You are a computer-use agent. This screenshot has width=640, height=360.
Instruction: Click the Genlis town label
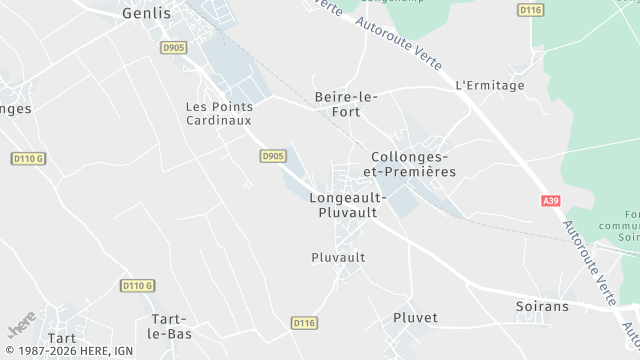pos(146,14)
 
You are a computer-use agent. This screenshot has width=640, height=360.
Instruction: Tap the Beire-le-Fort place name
pos(345,104)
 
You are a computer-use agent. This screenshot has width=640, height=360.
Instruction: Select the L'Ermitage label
pos(489,86)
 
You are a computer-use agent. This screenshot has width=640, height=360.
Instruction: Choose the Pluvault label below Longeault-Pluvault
pos(338,257)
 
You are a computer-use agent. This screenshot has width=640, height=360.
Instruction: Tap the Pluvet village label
pos(415,317)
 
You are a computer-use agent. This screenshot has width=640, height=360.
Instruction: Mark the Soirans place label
pos(542,306)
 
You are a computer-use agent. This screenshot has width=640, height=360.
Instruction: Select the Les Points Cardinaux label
pos(219,113)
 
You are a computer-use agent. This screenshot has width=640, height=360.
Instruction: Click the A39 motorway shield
pos(551,201)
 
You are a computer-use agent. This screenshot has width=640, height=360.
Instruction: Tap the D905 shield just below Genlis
pos(174,47)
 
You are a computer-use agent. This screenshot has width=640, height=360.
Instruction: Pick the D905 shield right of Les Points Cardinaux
pos(273,156)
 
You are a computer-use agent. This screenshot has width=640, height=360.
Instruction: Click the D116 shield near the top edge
pos(530,10)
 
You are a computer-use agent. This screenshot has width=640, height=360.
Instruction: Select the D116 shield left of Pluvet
pos(304,323)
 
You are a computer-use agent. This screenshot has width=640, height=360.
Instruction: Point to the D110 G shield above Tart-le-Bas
pos(137,286)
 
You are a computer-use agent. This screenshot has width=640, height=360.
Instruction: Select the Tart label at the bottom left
pos(61,339)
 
